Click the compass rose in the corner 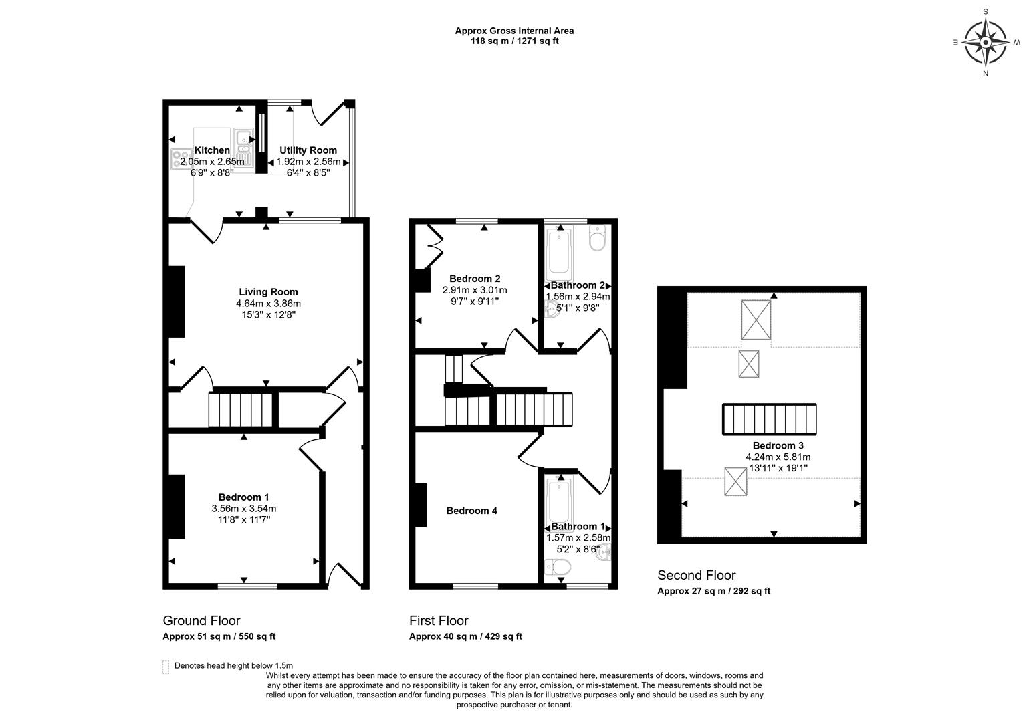[986, 42]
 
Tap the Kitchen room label [212, 150]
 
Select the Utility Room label [308, 150]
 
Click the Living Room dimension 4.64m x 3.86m [268, 303]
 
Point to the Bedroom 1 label [243, 497]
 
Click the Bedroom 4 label [471, 511]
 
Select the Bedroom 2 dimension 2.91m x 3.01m [475, 290]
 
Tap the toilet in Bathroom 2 [597, 238]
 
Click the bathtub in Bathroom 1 [556, 501]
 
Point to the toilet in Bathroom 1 [558, 568]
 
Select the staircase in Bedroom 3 [769, 419]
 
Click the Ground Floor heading [201, 620]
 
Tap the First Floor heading [439, 620]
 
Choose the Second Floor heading [696, 575]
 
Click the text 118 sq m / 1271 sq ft [514, 41]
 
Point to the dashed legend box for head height [165, 667]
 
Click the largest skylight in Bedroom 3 [756, 320]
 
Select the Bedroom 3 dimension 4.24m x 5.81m [778, 457]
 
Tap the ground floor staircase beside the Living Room [241, 410]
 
